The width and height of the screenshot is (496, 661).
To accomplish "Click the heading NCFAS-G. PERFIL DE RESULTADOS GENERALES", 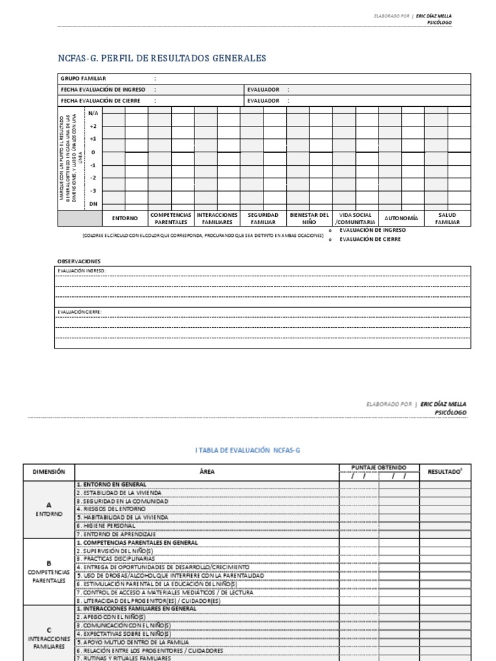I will (x=162, y=59).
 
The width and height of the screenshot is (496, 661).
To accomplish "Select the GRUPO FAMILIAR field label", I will (x=83, y=78).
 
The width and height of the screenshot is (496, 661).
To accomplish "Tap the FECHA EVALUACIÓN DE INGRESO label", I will (x=103, y=90).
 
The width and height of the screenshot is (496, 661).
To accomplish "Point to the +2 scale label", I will (x=94, y=126).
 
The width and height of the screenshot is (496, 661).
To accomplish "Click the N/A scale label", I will (x=94, y=113).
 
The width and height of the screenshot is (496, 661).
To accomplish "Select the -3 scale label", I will (x=94, y=190).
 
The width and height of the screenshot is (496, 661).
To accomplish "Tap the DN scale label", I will (x=94, y=204).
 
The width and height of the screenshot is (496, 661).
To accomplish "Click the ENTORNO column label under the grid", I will (x=125, y=218).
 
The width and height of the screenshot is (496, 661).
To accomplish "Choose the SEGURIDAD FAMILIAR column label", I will (x=263, y=218).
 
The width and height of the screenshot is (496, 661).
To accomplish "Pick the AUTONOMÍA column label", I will (x=401, y=218).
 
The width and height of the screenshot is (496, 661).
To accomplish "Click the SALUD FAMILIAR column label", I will (x=447, y=218).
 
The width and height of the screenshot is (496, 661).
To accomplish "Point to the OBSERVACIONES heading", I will (x=79, y=261).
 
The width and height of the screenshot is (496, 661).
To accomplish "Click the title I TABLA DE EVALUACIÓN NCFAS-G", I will (x=248, y=451).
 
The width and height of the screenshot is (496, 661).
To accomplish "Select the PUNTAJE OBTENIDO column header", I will (x=378, y=467).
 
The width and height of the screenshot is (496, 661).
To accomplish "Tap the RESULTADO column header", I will (x=446, y=472).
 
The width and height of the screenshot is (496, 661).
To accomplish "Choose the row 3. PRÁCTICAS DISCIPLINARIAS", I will (x=116, y=558).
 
